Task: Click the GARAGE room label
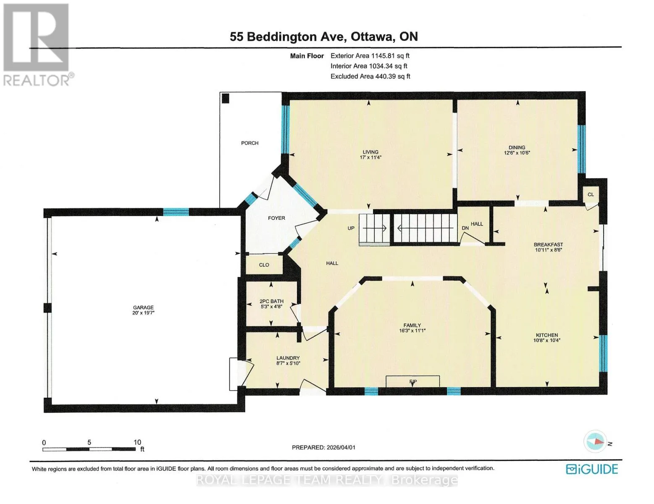143,307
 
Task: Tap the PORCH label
250,143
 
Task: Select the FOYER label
276,218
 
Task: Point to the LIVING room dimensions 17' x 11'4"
370,157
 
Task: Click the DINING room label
517,147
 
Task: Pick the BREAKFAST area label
548,244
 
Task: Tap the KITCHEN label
547,335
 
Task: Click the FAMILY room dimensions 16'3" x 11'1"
412,331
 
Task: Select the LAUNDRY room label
288,358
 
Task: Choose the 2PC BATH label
271,301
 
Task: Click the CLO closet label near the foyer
264,265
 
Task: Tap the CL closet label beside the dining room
591,194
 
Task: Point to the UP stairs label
351,228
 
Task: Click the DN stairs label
465,228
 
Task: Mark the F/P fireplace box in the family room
412,381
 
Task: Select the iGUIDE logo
592,469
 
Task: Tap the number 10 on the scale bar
137,442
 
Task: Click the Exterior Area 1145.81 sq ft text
370,56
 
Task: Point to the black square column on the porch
226,98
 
